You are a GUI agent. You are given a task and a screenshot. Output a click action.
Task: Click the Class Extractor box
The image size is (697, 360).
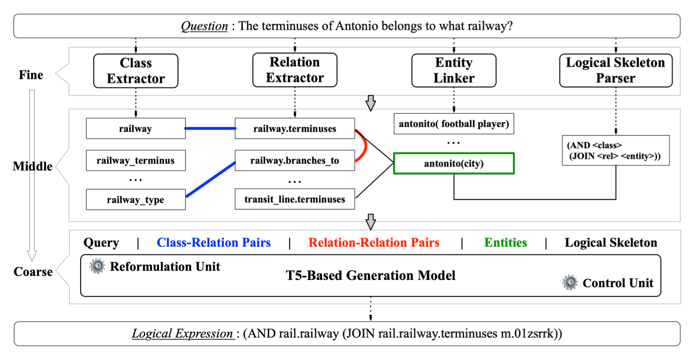pyautogui.click(x=136, y=71)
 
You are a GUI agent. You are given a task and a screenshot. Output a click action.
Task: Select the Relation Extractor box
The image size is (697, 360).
pyautogui.click(x=295, y=70)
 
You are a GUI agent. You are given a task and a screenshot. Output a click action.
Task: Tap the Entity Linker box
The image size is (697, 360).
pyautogui.click(x=454, y=70)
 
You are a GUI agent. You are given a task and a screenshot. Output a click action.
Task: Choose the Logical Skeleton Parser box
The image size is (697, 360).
pyautogui.click(x=616, y=70)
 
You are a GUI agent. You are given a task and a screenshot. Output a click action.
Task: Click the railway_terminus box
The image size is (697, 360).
pyautogui.click(x=135, y=161)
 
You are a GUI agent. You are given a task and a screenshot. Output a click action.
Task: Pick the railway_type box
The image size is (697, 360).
pyautogui.click(x=135, y=200)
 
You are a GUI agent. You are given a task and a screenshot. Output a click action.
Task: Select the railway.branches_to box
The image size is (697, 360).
pyautogui.click(x=295, y=161)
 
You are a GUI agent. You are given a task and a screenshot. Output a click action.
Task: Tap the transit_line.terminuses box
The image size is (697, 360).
pyautogui.click(x=295, y=199)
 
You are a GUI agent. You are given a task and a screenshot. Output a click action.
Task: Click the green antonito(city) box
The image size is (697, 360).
pyautogui.click(x=454, y=163)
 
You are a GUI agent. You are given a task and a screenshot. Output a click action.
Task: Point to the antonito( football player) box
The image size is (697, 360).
pyautogui.click(x=454, y=124)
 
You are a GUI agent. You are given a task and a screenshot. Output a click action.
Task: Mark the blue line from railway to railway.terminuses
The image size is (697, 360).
pyautogui.click(x=210, y=129)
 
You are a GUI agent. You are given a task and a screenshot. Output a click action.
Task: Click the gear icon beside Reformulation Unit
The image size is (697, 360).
pyautogui.click(x=97, y=266)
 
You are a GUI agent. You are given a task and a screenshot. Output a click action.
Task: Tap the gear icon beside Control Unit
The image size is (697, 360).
pyautogui.click(x=570, y=283)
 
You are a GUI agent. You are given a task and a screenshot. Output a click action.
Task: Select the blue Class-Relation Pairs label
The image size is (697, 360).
pyautogui.click(x=214, y=243)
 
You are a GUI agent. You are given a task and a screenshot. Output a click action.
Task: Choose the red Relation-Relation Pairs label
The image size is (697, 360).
pyautogui.click(x=374, y=243)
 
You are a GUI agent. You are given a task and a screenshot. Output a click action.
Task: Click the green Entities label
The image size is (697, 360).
pyautogui.click(x=506, y=243)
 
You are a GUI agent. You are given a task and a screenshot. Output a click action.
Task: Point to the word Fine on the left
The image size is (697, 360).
pyautogui.click(x=31, y=75)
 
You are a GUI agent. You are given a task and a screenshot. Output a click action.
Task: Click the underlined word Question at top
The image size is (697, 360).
pyautogui.click(x=204, y=26)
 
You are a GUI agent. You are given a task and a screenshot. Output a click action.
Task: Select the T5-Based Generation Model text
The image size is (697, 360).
pyautogui.click(x=371, y=276)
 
